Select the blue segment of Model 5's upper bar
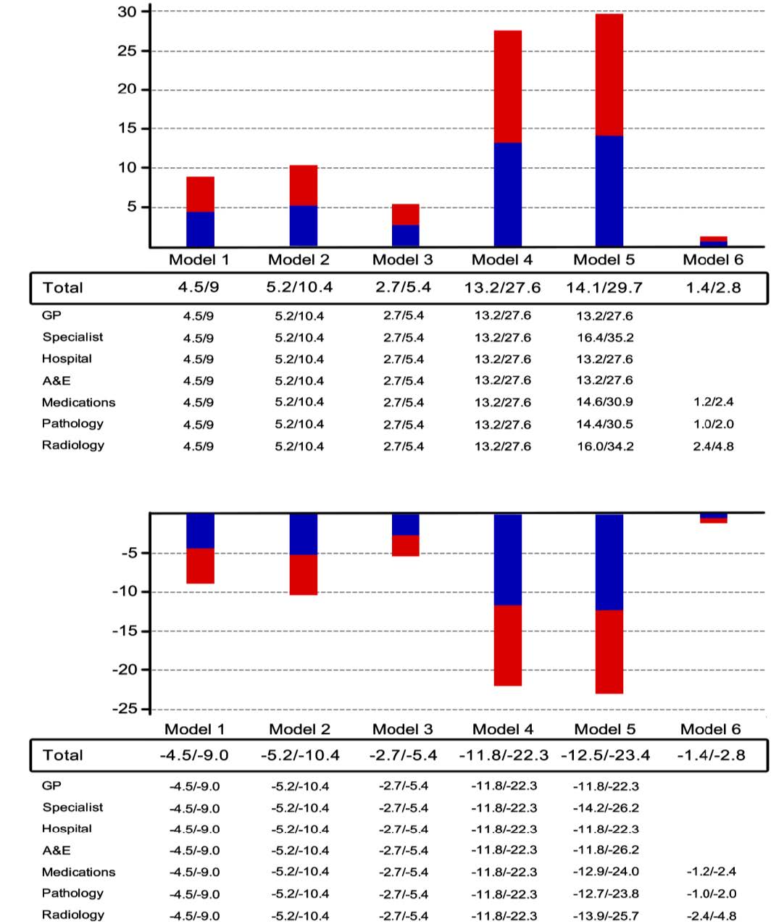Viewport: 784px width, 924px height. pos(609,191)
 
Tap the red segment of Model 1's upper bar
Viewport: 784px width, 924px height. pos(200,194)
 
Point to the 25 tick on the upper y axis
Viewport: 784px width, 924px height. pos(128,51)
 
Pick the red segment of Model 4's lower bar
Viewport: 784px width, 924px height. pos(507,645)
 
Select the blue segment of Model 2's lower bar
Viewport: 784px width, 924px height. pos(303,534)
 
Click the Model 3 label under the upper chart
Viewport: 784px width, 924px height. pos(402,259)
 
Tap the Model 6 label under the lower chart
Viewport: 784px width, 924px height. pos(711,729)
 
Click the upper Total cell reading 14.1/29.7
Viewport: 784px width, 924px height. pos(604,288)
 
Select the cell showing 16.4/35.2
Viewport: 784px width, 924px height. pos(604,338)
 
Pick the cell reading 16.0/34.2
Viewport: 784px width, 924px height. pos(604,446)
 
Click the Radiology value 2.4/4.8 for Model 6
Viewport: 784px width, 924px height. pos(713,446)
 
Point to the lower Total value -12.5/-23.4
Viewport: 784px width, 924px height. pos(605,755)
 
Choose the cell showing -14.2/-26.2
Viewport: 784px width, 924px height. pos(605,808)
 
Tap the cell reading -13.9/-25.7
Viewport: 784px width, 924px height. pos(605,916)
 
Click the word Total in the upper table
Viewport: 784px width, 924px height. pos(63,288)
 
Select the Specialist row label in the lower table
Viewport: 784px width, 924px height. pos(72,807)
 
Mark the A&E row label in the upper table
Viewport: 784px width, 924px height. pos(56,380)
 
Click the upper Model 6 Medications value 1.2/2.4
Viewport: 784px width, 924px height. pos(713,402)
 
